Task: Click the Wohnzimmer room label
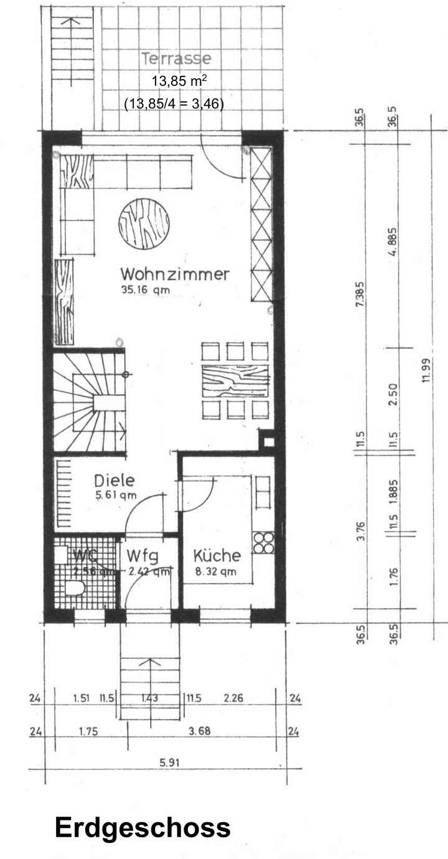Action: [175, 274]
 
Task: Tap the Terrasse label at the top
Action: [176, 59]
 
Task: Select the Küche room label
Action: [216, 555]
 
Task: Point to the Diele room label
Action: [114, 481]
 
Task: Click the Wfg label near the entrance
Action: [144, 555]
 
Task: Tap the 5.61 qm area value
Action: [116, 495]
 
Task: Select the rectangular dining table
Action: [235, 380]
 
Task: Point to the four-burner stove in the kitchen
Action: [263, 542]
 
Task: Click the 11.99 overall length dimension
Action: [426, 372]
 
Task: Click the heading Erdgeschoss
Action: [142, 828]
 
